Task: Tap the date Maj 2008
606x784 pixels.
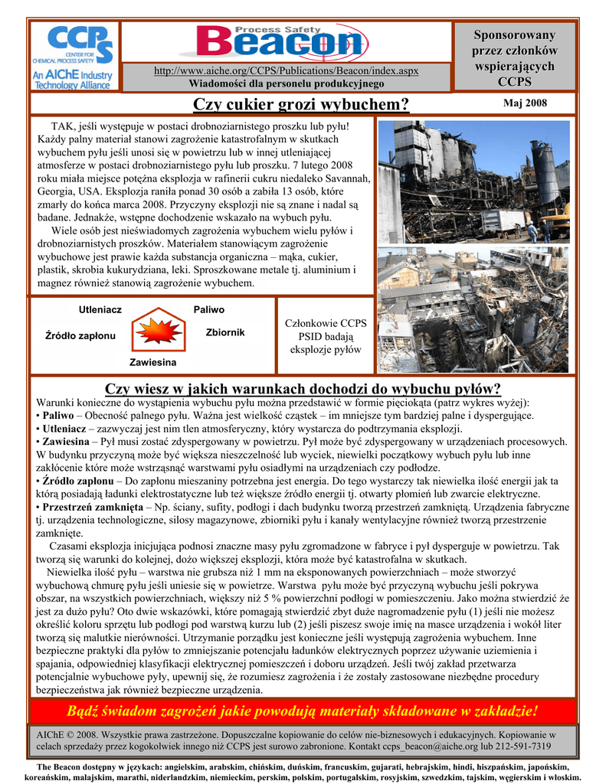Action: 525,103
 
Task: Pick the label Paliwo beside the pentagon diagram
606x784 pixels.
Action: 209,310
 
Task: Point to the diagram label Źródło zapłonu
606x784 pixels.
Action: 80,336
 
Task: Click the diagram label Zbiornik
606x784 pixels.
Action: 225,332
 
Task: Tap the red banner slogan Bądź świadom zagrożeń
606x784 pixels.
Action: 303,710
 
